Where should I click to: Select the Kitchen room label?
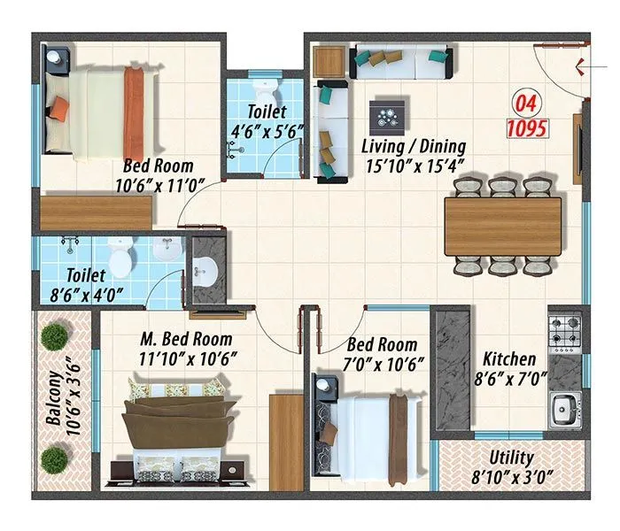click(508, 359)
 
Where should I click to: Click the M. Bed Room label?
click(186, 339)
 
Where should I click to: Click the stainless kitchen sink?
click(564, 410)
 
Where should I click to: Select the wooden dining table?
click(503, 226)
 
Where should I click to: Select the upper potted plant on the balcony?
click(55, 335)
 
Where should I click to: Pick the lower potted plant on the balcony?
click(55, 458)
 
